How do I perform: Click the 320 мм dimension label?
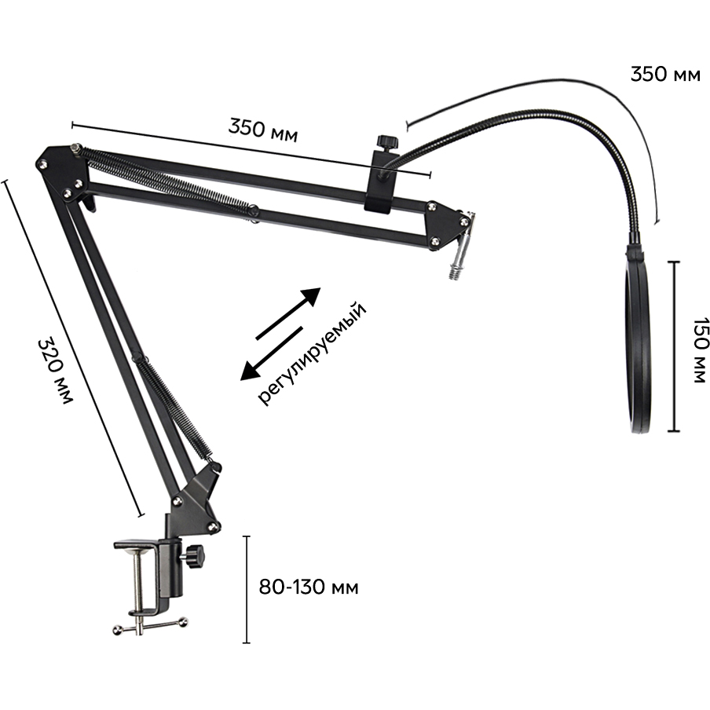[54, 370]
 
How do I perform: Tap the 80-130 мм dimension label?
[309, 587]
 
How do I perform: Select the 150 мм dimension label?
[699, 350]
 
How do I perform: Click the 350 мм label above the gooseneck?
[665, 75]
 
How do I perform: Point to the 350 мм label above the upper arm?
[263, 130]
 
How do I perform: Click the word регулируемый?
[312, 353]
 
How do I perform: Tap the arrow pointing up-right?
[288, 313]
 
